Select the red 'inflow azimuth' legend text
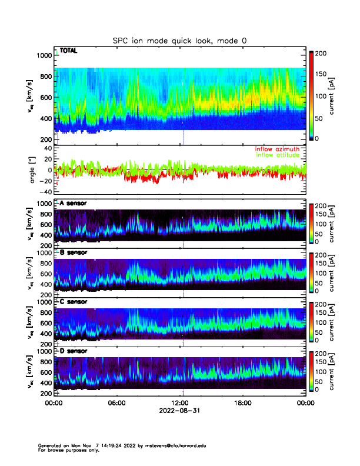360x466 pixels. tap(278, 149)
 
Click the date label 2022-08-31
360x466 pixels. tap(179, 411)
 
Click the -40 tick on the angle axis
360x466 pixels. tap(45, 191)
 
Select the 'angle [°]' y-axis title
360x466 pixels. tap(34, 170)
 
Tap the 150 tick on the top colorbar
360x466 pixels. tap(322, 74)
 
